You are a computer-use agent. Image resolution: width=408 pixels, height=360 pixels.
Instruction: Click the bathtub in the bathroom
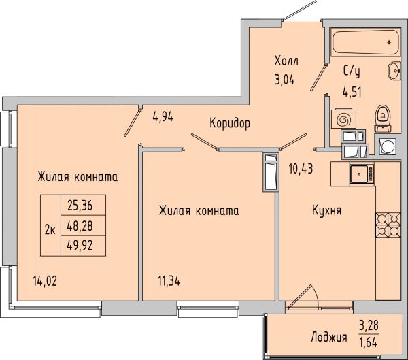[365, 43]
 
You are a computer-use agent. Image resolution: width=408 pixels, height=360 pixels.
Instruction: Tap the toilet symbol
[383, 118]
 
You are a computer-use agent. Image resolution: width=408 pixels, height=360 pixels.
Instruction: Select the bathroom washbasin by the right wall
[394, 71]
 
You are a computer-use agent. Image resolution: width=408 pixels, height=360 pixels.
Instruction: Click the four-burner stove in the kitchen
[388, 225]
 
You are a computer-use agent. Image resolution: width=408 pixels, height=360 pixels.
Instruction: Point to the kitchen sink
[362, 174]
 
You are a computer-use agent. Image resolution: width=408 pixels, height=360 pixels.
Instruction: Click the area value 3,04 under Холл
[285, 80]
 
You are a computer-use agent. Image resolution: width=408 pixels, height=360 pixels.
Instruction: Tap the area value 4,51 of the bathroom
[352, 92]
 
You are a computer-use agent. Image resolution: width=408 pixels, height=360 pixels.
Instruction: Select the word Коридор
[230, 123]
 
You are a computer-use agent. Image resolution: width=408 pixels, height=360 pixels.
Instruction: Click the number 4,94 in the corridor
[163, 117]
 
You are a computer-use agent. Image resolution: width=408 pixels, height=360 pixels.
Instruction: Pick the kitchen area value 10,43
[301, 169]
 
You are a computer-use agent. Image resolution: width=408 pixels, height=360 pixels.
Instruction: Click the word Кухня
[326, 210]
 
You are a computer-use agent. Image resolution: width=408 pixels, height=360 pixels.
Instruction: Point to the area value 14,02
[45, 281]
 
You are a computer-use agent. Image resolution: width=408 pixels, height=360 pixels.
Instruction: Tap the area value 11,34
[169, 281]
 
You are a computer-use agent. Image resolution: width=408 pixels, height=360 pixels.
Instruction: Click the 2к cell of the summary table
[50, 225]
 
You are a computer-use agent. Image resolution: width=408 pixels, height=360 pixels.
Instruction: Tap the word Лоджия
[329, 338]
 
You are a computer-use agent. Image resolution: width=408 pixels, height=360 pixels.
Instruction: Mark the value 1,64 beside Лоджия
[368, 342]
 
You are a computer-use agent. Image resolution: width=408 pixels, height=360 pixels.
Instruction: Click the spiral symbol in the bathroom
[343, 120]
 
